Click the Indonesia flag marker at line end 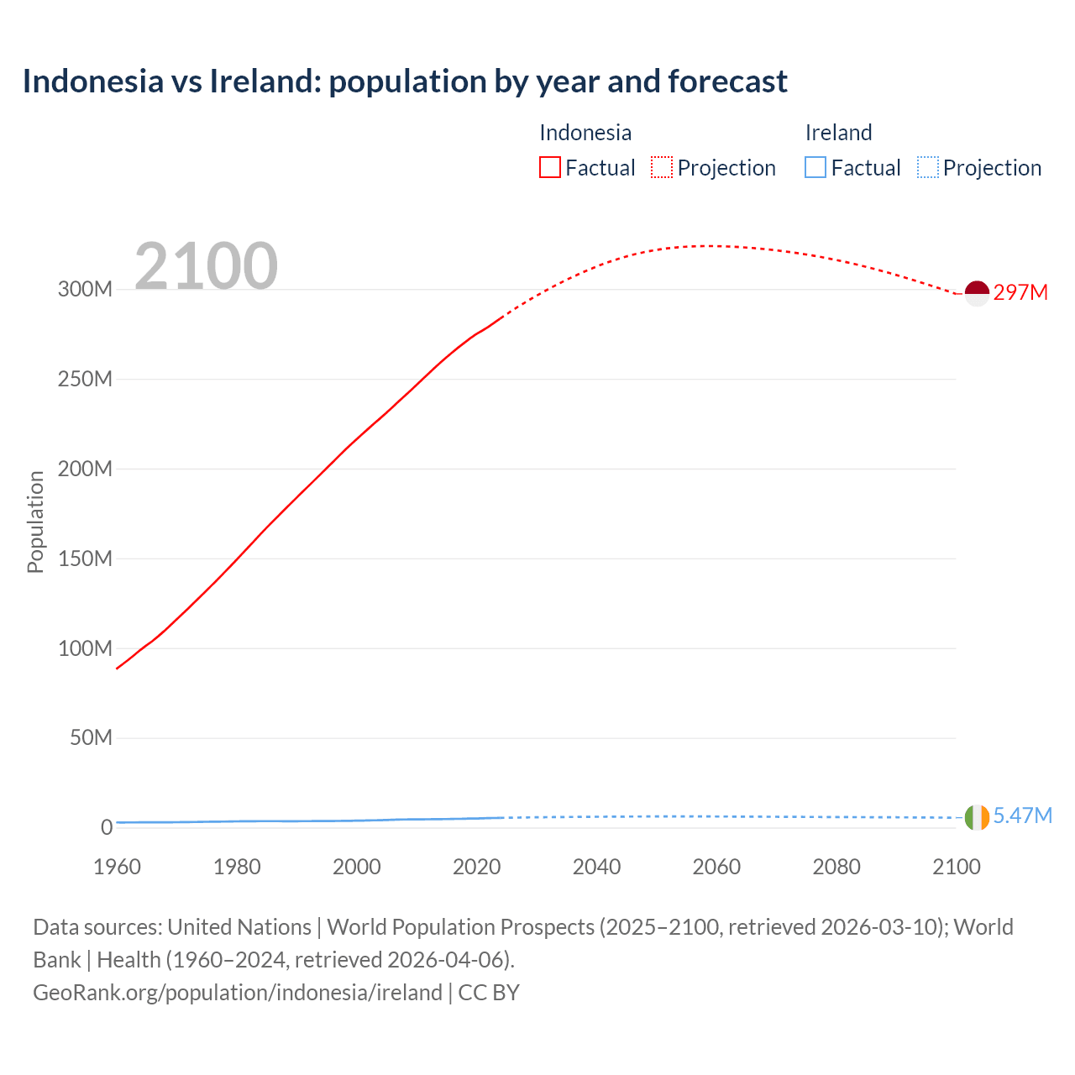click(x=977, y=293)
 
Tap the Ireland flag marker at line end click(x=977, y=816)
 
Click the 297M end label click(x=1020, y=292)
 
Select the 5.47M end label click(x=1022, y=815)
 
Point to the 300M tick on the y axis click(x=85, y=289)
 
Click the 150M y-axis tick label click(x=85, y=558)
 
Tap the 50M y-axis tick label click(x=91, y=737)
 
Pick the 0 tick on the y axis click(x=106, y=827)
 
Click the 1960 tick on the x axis click(x=117, y=867)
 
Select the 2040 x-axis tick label click(x=596, y=867)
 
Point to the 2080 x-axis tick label click(x=836, y=867)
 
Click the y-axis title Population click(x=35, y=522)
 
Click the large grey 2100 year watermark click(x=206, y=265)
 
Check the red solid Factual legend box click(x=549, y=168)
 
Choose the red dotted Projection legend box click(x=662, y=168)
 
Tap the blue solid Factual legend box click(x=815, y=168)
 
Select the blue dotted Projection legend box click(x=927, y=168)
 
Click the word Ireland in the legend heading click(x=838, y=133)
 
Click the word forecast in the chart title click(x=727, y=81)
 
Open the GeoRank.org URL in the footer click(x=238, y=992)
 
